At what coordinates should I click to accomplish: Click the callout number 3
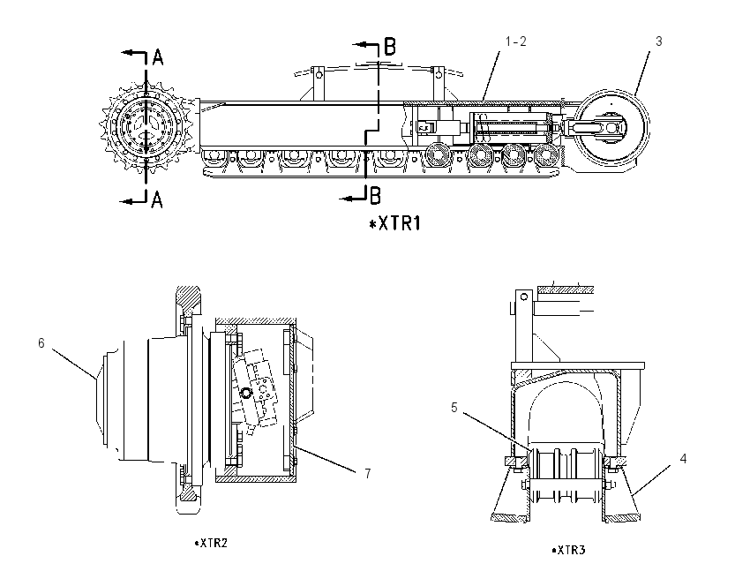(x=658, y=41)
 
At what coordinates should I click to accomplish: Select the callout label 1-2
(x=515, y=41)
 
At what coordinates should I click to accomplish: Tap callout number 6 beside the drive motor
(x=41, y=343)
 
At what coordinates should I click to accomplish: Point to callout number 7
(x=367, y=474)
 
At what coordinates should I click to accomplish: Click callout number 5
(x=454, y=408)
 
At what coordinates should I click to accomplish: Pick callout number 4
(x=683, y=459)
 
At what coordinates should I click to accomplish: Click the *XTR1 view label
(x=395, y=223)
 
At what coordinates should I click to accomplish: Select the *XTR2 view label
(x=211, y=543)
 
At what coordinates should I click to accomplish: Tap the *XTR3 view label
(x=568, y=550)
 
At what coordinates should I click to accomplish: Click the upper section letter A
(x=158, y=57)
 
